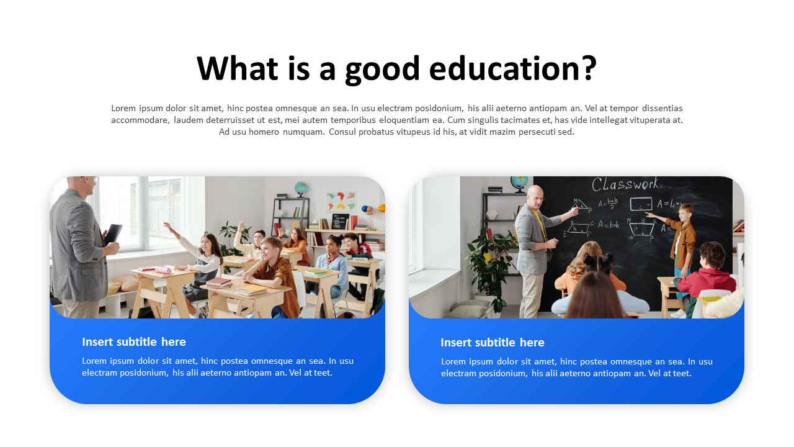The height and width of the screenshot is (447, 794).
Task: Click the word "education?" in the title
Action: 512,68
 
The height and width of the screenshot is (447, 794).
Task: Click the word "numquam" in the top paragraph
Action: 303,132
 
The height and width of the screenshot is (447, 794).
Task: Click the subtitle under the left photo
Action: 134,342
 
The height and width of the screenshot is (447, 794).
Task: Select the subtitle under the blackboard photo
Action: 493,343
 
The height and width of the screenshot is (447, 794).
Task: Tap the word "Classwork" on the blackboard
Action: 625,184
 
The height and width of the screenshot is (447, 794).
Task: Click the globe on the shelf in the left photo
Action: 301,187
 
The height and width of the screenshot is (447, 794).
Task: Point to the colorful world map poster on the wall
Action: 341,201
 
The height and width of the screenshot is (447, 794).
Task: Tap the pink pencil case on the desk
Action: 163,269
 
